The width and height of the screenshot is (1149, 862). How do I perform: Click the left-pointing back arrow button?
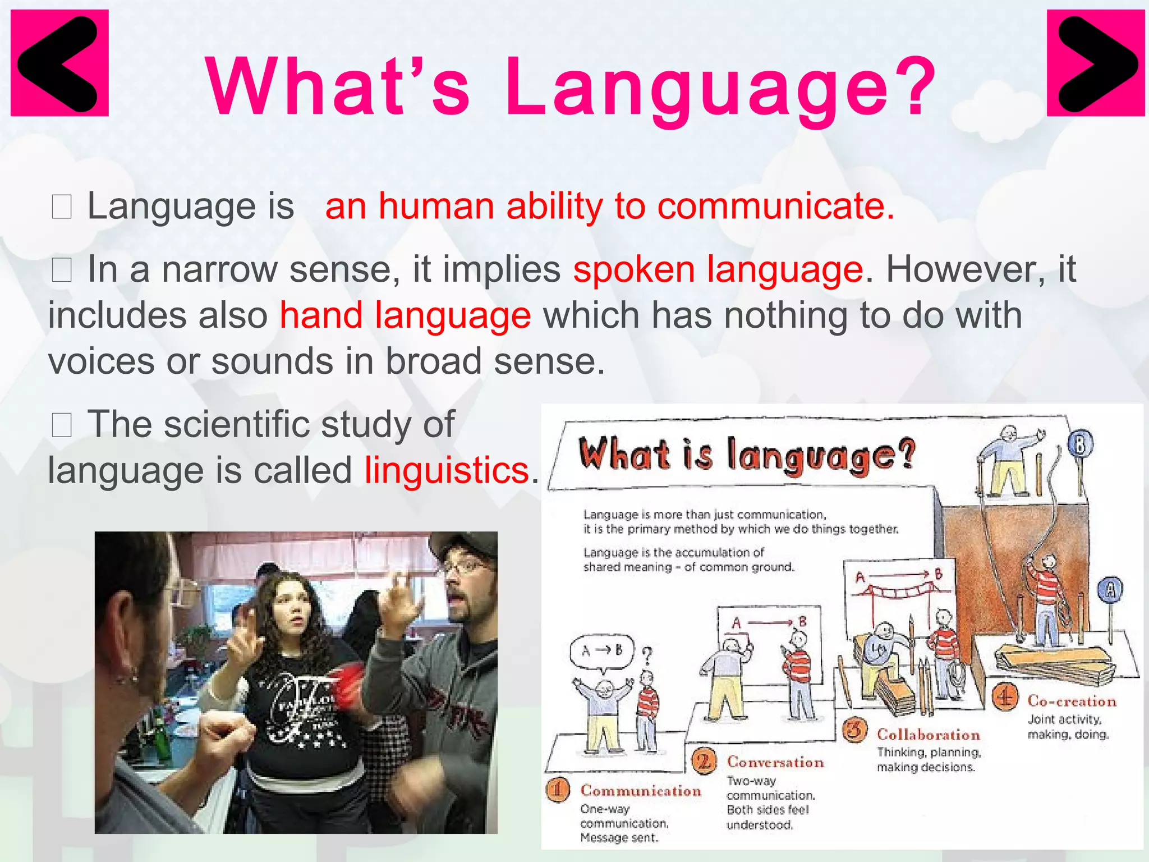pyautogui.click(x=59, y=63)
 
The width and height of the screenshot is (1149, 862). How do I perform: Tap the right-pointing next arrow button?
pyautogui.click(x=1095, y=63)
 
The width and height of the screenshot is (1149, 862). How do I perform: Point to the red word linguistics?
pyautogui.click(x=447, y=470)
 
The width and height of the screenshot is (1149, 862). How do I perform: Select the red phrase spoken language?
pyautogui.click(x=718, y=269)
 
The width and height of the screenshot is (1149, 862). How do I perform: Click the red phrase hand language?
pyautogui.click(x=405, y=315)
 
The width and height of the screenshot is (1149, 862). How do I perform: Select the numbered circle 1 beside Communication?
pyautogui.click(x=558, y=790)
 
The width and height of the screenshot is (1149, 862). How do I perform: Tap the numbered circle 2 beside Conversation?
pyautogui.click(x=704, y=762)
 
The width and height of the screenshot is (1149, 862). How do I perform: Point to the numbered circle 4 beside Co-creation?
pyautogui.click(x=1005, y=697)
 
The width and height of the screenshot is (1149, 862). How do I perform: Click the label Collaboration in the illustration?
pyautogui.click(x=929, y=735)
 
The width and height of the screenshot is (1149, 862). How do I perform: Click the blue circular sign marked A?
pyautogui.click(x=1110, y=590)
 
